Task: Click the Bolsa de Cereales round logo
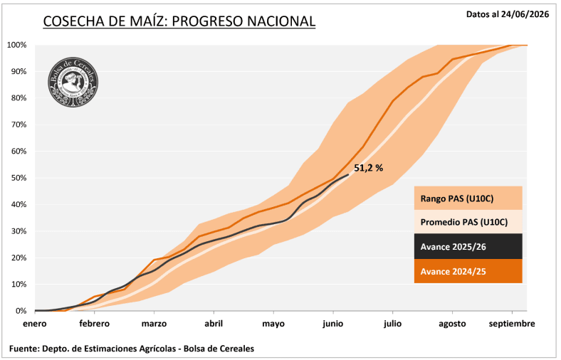click(73, 83)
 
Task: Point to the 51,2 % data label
click(369, 168)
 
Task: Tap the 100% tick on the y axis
click(16, 45)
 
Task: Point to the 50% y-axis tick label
click(19, 178)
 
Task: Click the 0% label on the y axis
click(21, 311)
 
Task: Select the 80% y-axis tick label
click(19, 98)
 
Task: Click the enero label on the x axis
click(35, 324)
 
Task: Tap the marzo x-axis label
click(154, 324)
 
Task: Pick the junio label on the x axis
click(333, 324)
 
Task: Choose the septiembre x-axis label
click(512, 324)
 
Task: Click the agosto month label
click(452, 324)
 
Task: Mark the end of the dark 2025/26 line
click(348, 174)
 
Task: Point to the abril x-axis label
click(214, 324)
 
